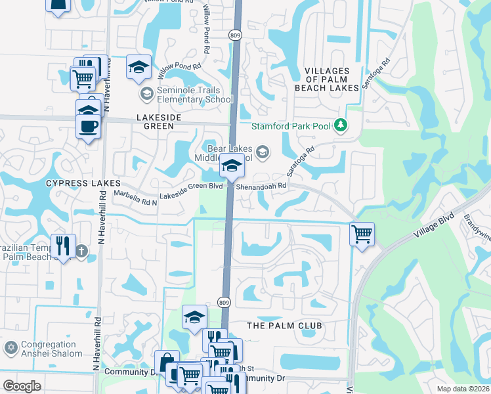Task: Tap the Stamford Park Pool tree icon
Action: click(340, 125)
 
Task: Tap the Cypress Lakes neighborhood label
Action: click(83, 183)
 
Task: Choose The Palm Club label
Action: click(284, 326)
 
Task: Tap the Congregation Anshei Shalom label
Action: click(52, 349)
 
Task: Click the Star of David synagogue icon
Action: click(10, 347)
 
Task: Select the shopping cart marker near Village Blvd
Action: click(362, 234)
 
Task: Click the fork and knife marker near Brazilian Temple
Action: click(63, 246)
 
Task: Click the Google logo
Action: click(22, 386)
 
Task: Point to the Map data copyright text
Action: click(466, 388)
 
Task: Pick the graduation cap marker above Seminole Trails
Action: click(139, 66)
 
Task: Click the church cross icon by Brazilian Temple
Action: click(81, 251)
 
